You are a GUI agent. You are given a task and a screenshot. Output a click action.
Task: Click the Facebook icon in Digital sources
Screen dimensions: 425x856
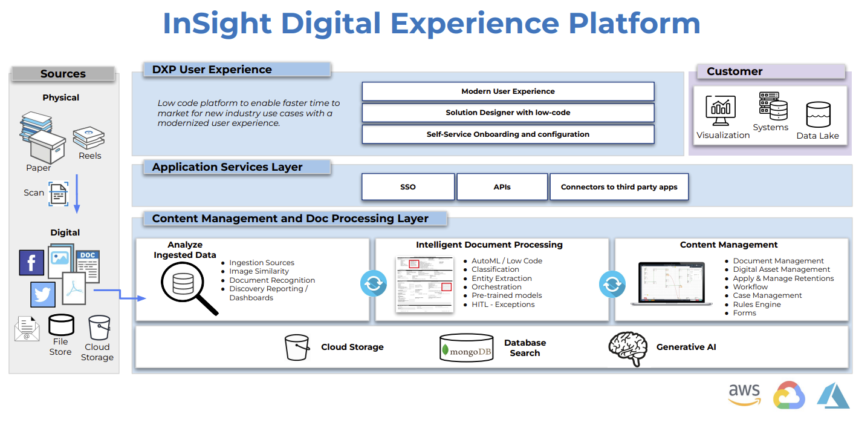[x=31, y=263]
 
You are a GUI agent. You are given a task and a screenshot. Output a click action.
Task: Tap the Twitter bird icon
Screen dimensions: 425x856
[x=43, y=294]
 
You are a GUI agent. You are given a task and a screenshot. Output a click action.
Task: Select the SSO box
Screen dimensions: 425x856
[x=408, y=187]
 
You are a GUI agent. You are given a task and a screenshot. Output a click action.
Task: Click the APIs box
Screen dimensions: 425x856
[x=502, y=187]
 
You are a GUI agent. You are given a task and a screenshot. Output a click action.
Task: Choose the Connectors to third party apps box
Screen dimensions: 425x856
[x=619, y=187]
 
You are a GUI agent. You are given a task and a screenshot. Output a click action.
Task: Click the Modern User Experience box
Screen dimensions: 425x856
[x=508, y=91]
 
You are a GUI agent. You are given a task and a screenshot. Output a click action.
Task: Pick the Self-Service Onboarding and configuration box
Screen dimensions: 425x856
[x=508, y=134]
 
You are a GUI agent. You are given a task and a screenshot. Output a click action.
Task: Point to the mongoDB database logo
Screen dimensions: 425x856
[x=466, y=349]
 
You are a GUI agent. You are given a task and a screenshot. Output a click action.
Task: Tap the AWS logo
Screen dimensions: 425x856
[x=744, y=395]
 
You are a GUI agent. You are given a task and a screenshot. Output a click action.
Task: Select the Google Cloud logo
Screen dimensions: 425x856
[x=789, y=395]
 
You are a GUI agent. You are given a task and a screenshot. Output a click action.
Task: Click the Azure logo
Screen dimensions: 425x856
[x=833, y=395]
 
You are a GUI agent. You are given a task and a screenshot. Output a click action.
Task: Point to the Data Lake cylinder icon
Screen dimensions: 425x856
[x=818, y=115]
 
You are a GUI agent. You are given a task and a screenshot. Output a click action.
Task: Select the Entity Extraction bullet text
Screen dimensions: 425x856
[x=502, y=278]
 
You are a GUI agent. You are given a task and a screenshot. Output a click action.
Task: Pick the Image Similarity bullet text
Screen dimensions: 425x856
[x=259, y=271]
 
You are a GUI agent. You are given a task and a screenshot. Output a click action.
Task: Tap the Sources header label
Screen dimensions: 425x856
[x=63, y=74]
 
